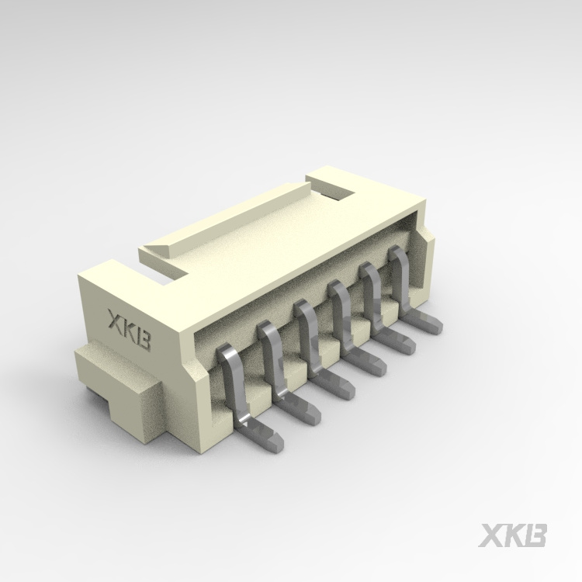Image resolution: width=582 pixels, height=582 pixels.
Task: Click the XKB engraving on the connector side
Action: tap(129, 330)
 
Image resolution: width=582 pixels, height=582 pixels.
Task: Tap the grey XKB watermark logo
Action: tap(512, 535)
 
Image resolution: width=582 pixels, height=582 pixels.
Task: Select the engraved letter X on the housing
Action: tap(116, 319)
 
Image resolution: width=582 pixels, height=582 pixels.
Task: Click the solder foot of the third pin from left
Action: tap(333, 383)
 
